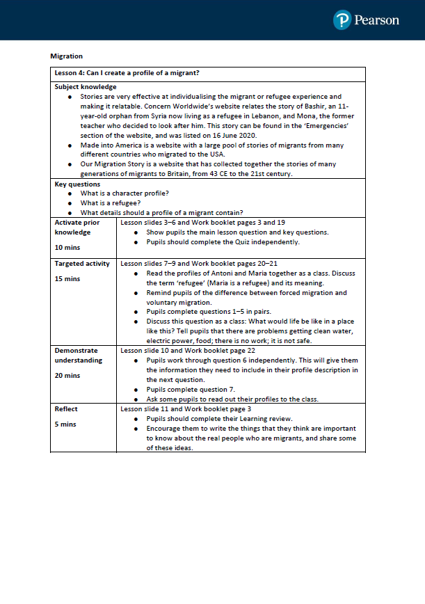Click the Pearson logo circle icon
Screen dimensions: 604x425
coord(342,20)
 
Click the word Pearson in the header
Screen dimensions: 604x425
coord(376,20)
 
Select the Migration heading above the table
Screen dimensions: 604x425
coord(66,56)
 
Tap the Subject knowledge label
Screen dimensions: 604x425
coord(86,87)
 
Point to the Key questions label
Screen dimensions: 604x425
coord(77,184)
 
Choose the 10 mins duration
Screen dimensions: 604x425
coord(67,246)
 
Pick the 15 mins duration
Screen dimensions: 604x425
coord(67,279)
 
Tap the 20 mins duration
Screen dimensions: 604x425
coord(67,375)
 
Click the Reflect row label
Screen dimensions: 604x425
coord(66,409)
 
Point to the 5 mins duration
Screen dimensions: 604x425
coord(65,424)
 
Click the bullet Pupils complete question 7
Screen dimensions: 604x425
coord(191,390)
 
